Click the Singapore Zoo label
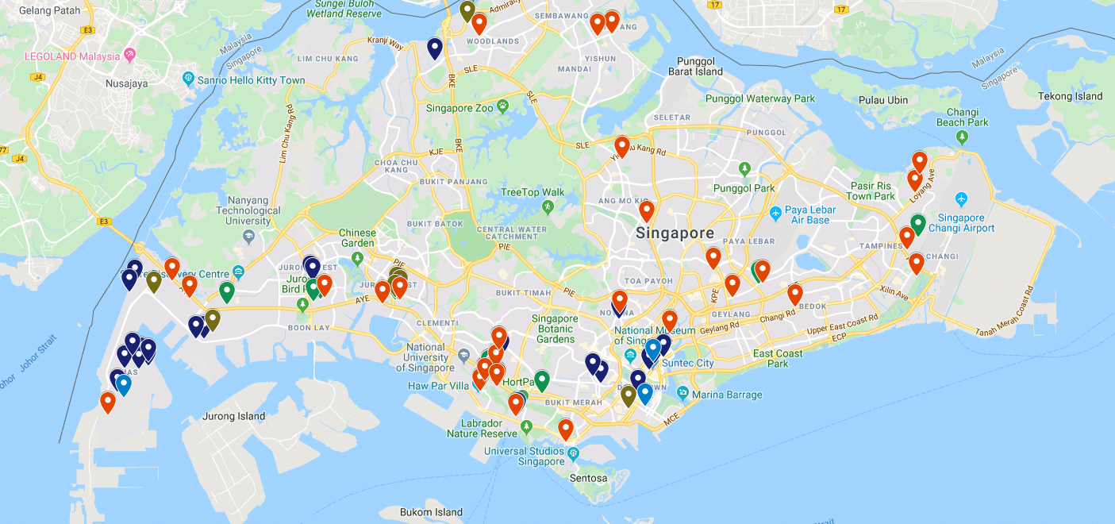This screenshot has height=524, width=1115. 460,108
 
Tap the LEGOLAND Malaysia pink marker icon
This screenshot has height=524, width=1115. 130,56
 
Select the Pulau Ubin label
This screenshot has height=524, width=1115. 883,100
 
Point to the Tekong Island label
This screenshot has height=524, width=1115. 1071,96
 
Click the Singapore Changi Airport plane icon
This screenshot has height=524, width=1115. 962,198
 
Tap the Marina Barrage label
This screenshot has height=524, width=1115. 726,395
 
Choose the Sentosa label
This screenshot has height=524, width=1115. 588,478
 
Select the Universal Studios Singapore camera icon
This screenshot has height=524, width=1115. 574,453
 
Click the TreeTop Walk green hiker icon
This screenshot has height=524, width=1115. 548,207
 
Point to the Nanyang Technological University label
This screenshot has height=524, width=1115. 248,210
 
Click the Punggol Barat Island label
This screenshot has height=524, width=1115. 699,66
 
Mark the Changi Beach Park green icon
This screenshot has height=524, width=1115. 962,137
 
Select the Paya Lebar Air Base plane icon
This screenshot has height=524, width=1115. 775,214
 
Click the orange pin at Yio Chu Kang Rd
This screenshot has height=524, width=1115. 622,146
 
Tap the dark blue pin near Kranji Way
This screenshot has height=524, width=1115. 435,48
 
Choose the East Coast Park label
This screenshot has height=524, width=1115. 778,358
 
